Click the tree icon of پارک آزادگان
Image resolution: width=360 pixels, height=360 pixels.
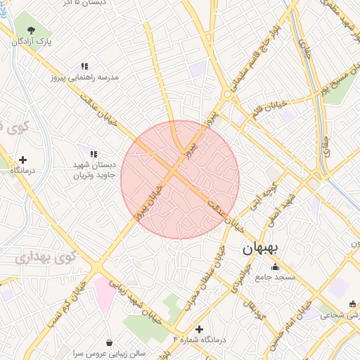point(31,30)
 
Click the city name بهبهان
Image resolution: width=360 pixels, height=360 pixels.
point(260,249)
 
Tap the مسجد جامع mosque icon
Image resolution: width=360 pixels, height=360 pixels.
point(274,266)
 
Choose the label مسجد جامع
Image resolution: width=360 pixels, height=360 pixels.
point(274,278)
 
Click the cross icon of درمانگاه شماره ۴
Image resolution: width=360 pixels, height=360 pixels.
point(200,328)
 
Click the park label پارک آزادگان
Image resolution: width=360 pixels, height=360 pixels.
point(30,43)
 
